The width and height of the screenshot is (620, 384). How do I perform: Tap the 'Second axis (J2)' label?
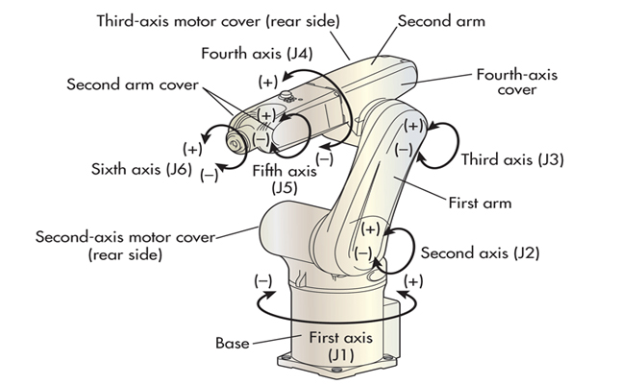coord(480,253)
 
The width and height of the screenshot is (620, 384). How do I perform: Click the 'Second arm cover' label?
coord(133,84)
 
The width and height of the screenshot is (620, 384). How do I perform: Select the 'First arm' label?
coord(480,204)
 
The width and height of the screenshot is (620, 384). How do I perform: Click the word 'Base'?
coord(232,342)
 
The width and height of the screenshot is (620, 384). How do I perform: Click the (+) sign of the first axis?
coord(414,281)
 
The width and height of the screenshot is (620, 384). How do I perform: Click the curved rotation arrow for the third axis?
coord(444,141)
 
